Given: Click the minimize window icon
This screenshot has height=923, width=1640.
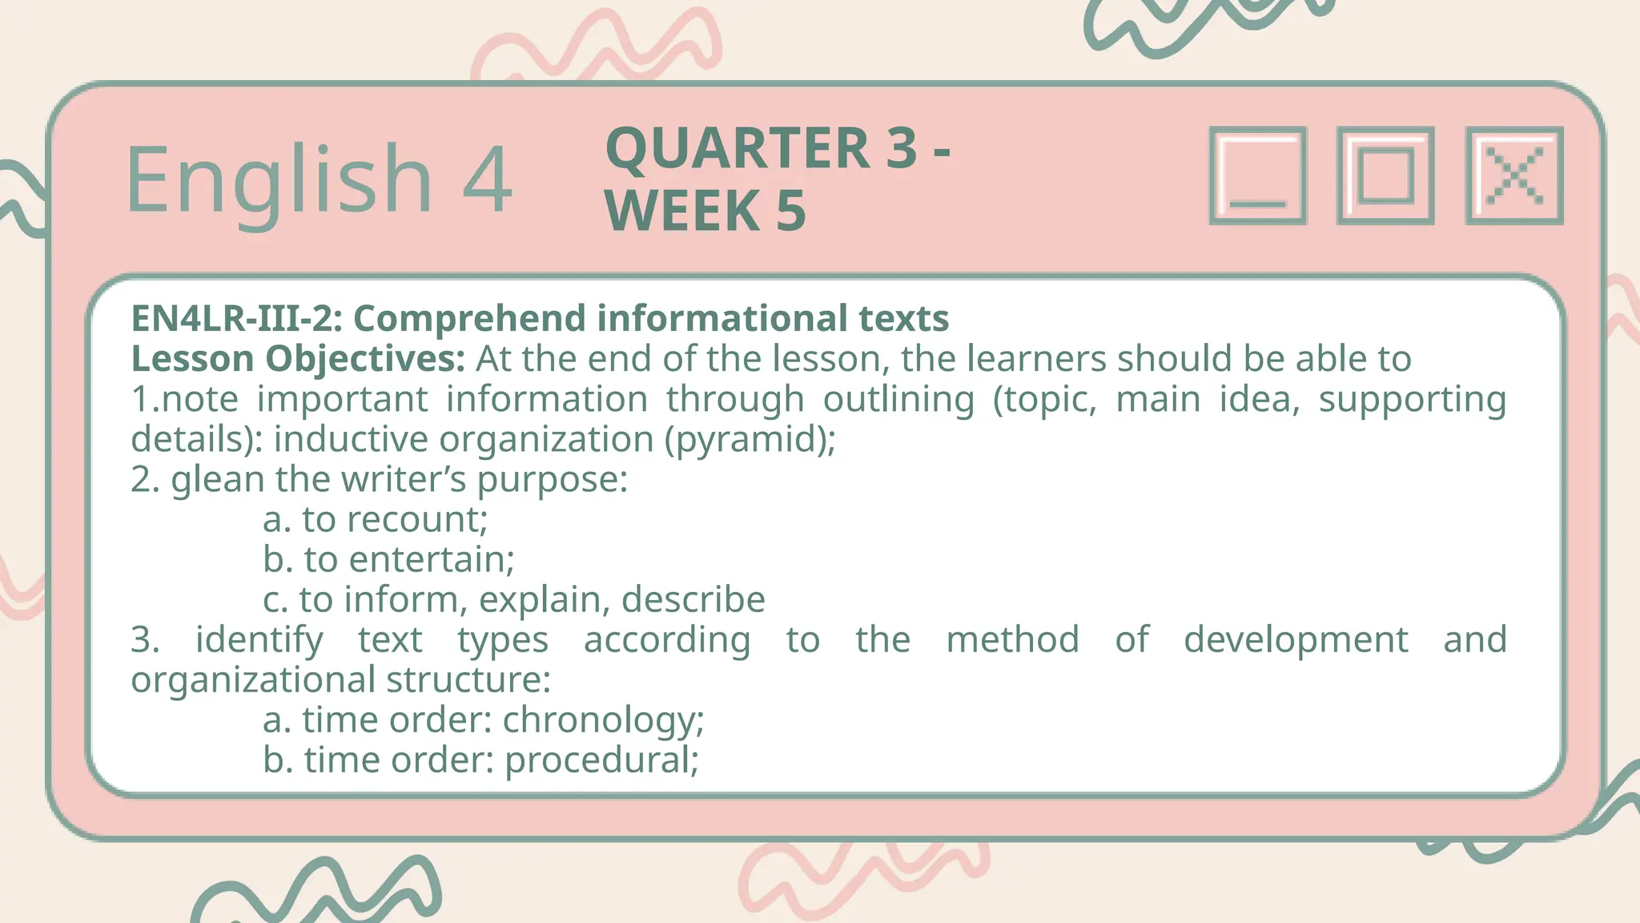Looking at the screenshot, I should pyautogui.click(x=1257, y=175).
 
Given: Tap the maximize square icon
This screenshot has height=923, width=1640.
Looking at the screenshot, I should pyautogui.click(x=1385, y=175).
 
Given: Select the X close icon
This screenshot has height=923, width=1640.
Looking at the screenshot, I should pyautogui.click(x=1514, y=175).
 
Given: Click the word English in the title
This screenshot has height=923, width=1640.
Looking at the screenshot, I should pyautogui.click(x=279, y=179).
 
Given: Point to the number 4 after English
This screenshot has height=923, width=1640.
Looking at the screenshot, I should pyautogui.click(x=487, y=179).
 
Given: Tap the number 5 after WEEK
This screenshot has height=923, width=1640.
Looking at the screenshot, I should pyautogui.click(x=790, y=211).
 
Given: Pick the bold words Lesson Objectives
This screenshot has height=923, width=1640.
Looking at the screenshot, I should pyautogui.click(x=297, y=358).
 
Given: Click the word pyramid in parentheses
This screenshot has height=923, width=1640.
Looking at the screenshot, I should pyautogui.click(x=750, y=439).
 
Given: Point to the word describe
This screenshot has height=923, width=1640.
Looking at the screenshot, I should pyautogui.click(x=693, y=599).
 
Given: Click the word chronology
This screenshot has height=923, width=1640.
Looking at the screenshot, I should pyautogui.click(x=602, y=719).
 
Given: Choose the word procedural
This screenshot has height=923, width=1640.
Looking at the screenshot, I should pyautogui.click(x=601, y=760).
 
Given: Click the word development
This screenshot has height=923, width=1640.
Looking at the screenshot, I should pyautogui.click(x=1296, y=639).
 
